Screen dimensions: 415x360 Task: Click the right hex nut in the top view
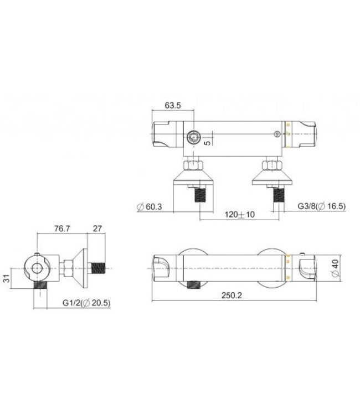click(271, 164)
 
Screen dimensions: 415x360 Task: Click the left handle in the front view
click(162, 267)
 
